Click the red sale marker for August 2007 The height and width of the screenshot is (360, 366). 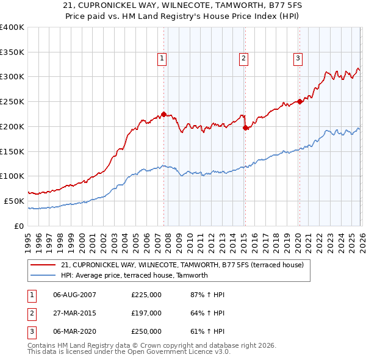(163, 114)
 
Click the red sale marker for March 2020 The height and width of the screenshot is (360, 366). (300, 102)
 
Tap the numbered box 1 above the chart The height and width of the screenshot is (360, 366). (162, 59)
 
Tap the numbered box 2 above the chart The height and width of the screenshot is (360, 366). (243, 59)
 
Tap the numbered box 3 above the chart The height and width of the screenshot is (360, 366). (298, 59)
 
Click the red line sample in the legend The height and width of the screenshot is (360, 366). (44, 265)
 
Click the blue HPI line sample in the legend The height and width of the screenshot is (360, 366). (44, 275)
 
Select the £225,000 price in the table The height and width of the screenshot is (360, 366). (146, 295)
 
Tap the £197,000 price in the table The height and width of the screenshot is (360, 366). (146, 313)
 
